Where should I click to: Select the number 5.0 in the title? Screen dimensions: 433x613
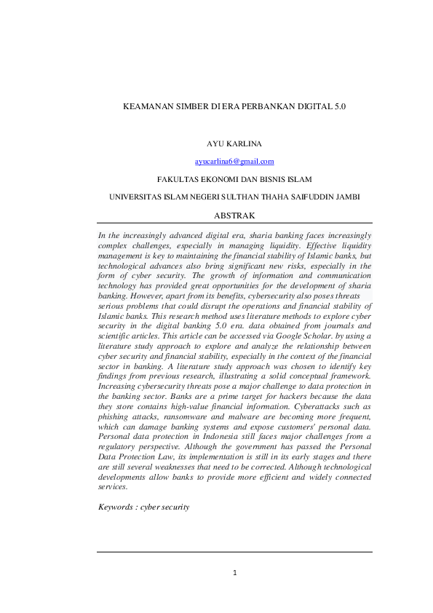[340, 106]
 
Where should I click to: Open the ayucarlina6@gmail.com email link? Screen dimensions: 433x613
[234, 161]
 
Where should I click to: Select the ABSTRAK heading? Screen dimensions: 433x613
[234, 215]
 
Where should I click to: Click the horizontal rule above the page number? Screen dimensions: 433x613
[234, 551]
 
